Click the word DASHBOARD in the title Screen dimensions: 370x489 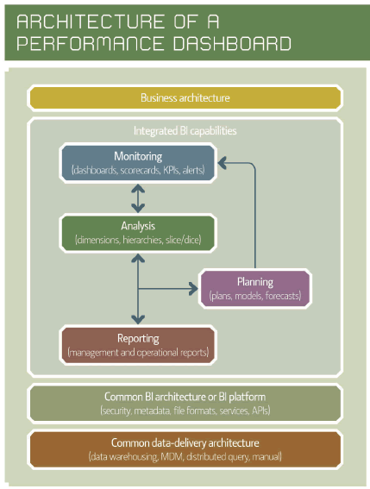point(232,43)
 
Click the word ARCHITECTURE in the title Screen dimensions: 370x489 point(91,22)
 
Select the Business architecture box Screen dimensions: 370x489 point(185,98)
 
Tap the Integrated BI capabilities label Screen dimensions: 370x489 point(185,131)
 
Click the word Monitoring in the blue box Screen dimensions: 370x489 point(138,156)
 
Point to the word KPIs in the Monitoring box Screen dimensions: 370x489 point(172,170)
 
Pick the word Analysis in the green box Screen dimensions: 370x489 point(138,226)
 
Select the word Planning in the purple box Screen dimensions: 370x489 point(255,282)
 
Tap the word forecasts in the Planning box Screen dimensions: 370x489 point(283,296)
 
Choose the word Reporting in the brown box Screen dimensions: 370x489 point(138,338)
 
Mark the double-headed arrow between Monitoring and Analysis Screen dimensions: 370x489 point(138,198)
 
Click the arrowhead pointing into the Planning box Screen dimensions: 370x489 point(194,289)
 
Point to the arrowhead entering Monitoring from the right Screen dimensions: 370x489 point(223,163)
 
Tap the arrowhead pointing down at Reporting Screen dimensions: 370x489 point(138,319)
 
